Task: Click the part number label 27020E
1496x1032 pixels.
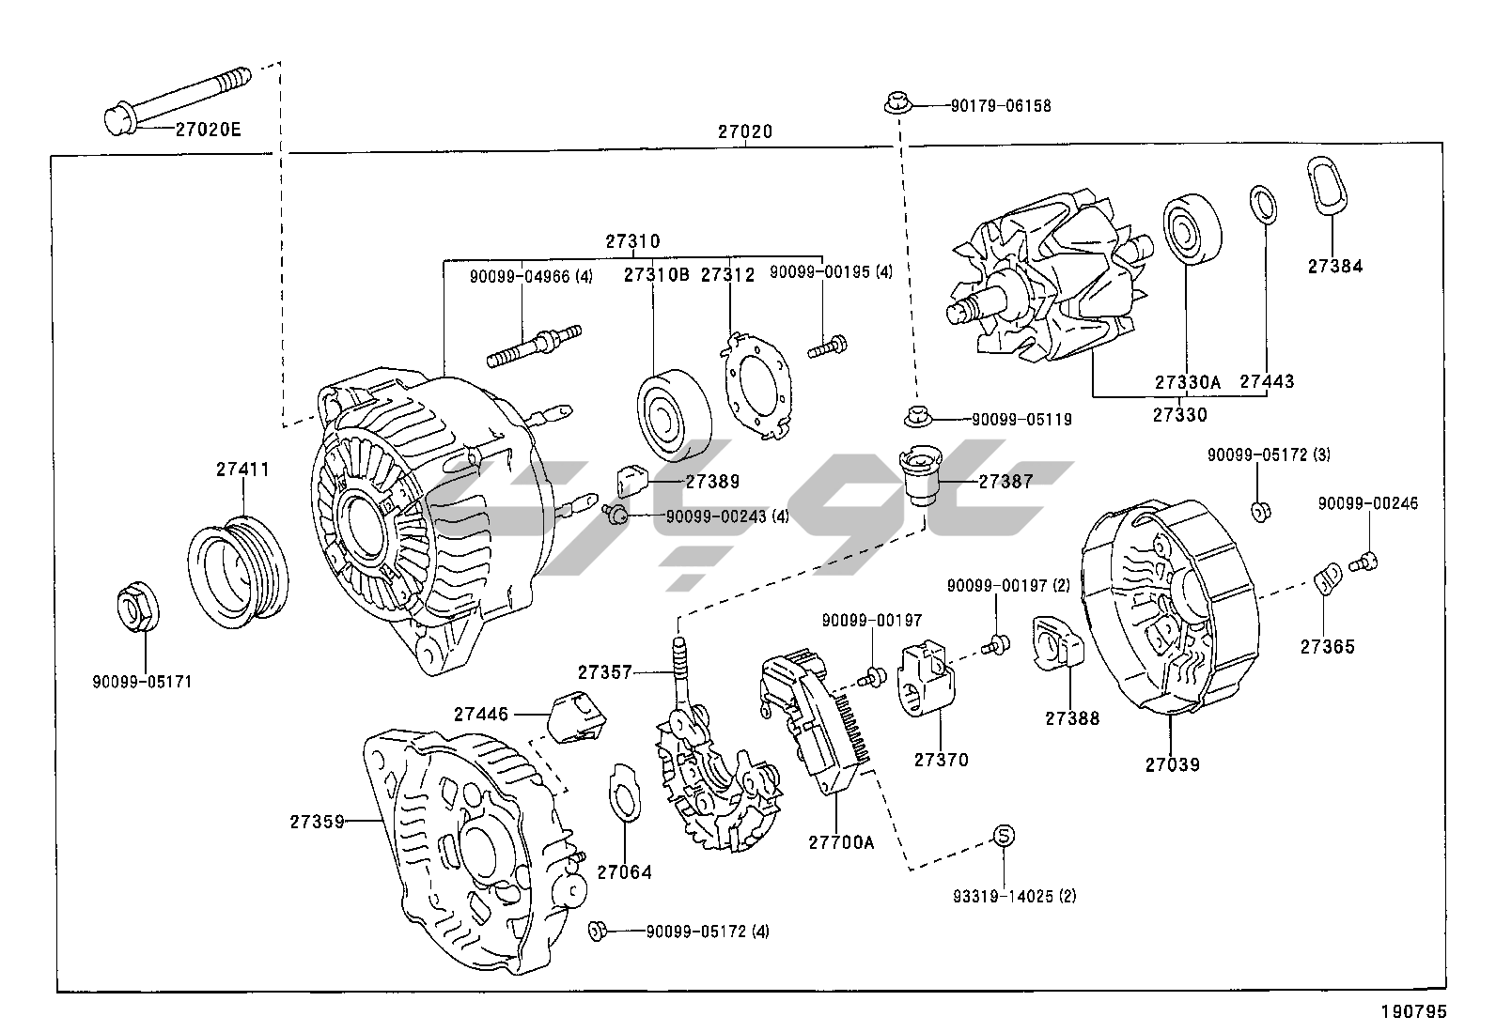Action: (x=208, y=129)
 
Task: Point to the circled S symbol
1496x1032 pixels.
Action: (x=1004, y=835)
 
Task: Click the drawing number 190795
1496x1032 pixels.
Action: (x=1412, y=1011)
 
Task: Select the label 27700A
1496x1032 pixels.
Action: (x=840, y=842)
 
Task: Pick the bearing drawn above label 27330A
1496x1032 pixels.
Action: (x=1193, y=230)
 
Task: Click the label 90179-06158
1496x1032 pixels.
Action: (x=1000, y=106)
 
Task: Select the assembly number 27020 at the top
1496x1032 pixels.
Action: (x=745, y=132)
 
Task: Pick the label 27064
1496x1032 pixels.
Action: (x=624, y=871)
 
